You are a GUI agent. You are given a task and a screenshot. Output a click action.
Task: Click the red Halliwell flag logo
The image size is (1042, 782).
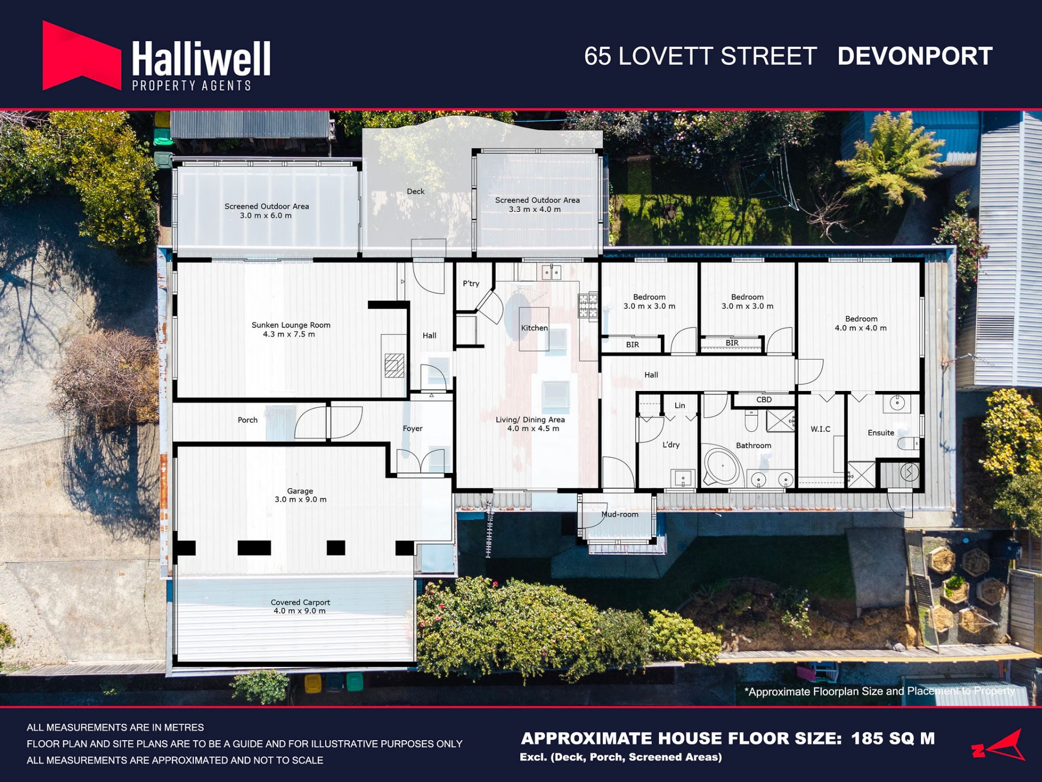pyautogui.click(x=81, y=55)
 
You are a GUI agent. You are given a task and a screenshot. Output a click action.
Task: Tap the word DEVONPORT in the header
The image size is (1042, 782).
pyautogui.click(x=915, y=56)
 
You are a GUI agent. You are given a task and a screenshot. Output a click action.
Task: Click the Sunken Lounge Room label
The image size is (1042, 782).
pyautogui.click(x=291, y=329)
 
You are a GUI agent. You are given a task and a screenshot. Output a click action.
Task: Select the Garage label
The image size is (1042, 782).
pyautogui.click(x=300, y=495)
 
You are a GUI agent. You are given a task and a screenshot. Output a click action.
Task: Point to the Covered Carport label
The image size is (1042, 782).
pyautogui.click(x=300, y=606)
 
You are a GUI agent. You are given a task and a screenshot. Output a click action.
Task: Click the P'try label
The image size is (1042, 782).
pyautogui.click(x=471, y=283)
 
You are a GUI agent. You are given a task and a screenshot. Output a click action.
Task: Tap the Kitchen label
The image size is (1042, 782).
pyautogui.click(x=535, y=328)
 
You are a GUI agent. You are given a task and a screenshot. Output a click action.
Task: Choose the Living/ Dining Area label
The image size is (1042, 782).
pyautogui.click(x=530, y=424)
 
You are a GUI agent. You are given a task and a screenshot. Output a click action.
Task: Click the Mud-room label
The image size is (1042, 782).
pyautogui.click(x=620, y=514)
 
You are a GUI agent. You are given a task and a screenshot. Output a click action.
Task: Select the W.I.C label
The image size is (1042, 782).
pyautogui.click(x=821, y=429)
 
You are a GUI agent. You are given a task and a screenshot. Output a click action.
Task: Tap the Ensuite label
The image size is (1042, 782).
pyautogui.click(x=881, y=433)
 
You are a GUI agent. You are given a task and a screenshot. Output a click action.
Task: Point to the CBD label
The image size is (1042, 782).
pyautogui.click(x=764, y=400)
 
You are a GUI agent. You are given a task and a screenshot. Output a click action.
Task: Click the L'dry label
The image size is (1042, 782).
pyautogui.click(x=671, y=445)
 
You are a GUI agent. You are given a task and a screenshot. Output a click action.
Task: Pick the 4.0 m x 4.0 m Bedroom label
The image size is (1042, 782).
pyautogui.click(x=861, y=323)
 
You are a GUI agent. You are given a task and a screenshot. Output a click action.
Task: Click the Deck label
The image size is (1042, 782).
pyautogui.click(x=416, y=191)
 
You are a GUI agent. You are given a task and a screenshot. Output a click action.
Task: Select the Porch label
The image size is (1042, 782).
pyautogui.click(x=247, y=420)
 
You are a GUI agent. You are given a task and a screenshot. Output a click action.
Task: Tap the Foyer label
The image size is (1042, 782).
pyautogui.click(x=412, y=428)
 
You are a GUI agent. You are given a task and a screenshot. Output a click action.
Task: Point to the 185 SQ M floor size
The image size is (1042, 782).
pyautogui.click(x=893, y=739)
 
